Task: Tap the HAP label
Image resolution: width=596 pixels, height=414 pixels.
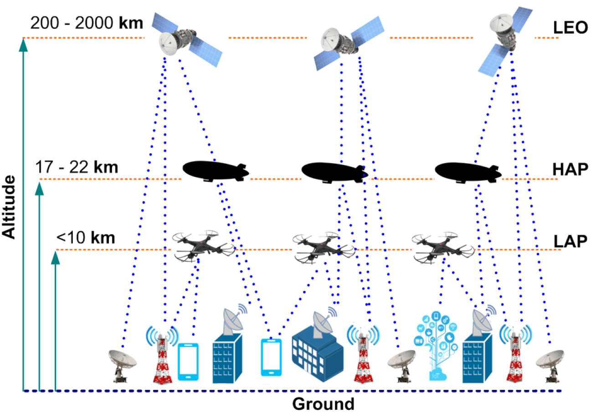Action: tap(569, 169)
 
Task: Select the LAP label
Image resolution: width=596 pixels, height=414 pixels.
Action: tap(569, 241)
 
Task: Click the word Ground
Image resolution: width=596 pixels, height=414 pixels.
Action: tap(323, 404)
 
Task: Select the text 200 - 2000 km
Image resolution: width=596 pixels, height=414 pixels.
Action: tap(86, 22)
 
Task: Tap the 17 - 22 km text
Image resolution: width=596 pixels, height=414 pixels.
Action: tap(77, 167)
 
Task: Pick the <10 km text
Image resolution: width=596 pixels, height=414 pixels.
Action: tap(86, 238)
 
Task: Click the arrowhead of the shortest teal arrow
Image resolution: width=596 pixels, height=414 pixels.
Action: tap(56, 257)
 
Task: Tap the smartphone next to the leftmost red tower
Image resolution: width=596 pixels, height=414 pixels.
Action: tap(188, 362)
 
